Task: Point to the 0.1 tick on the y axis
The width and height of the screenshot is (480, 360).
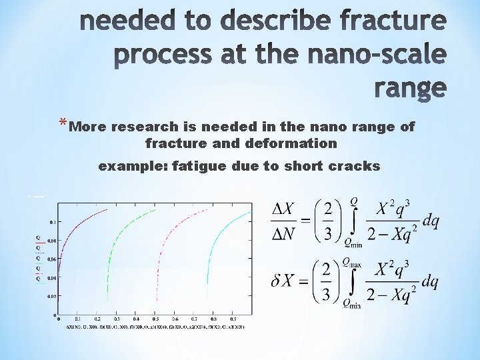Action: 52,221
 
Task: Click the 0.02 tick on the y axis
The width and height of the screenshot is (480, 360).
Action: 51,296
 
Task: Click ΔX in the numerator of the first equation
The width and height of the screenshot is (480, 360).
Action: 284,209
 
